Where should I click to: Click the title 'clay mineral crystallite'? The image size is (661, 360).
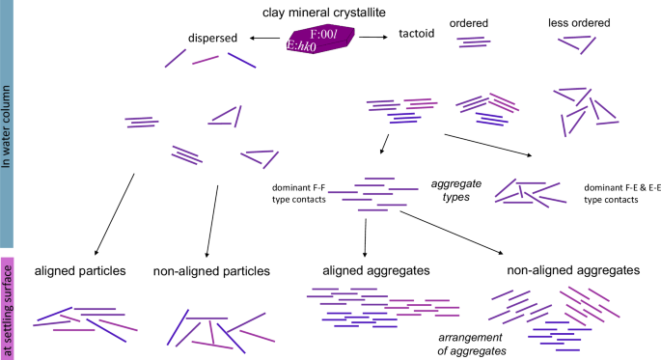[317, 12]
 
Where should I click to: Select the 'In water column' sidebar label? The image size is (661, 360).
[8, 125]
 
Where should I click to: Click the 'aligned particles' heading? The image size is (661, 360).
[80, 271]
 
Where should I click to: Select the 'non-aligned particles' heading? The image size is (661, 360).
[210, 272]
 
